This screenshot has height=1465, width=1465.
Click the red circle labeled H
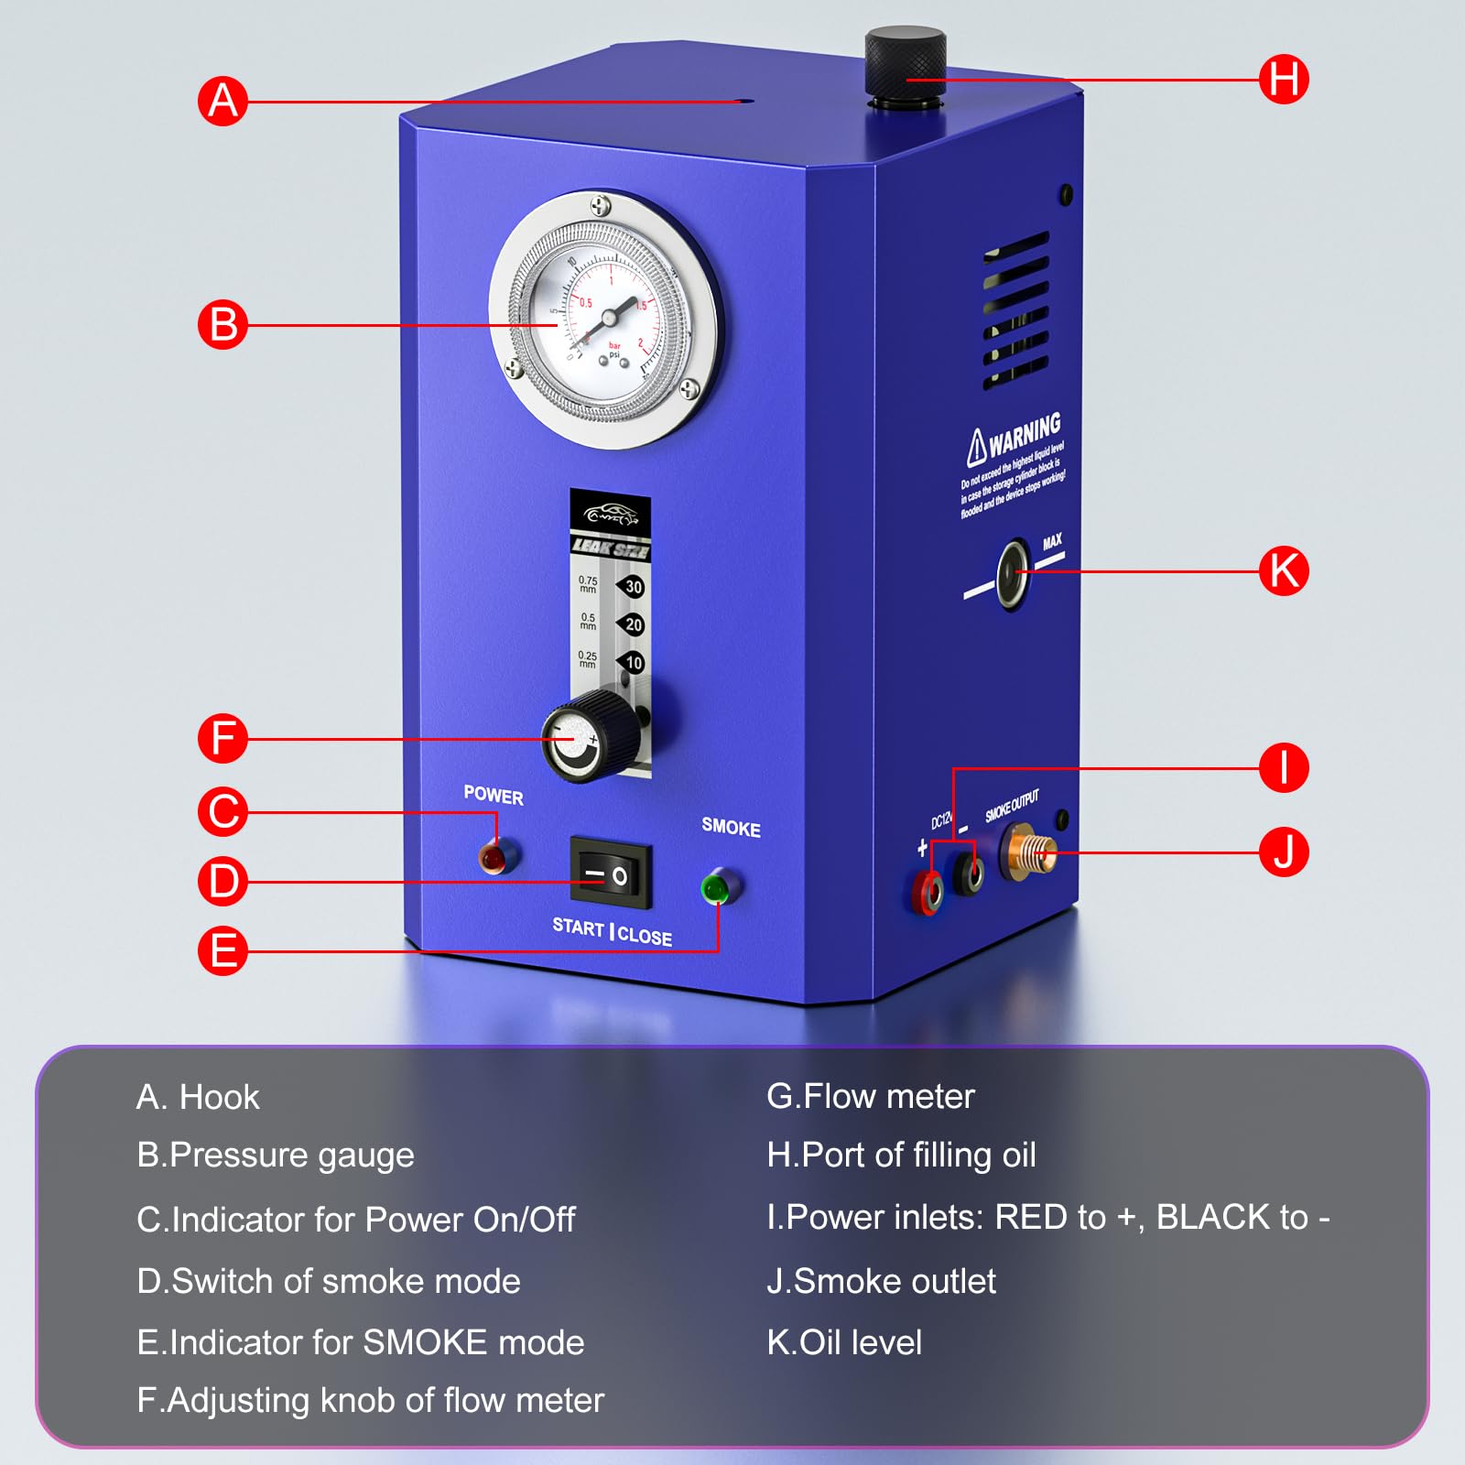coord(1283,79)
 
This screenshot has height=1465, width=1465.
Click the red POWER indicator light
coord(493,858)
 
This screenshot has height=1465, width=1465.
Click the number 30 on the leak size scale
coord(633,587)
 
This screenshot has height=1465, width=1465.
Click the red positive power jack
coord(930,890)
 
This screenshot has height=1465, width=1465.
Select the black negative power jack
coord(970,873)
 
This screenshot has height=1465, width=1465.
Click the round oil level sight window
coord(1012,575)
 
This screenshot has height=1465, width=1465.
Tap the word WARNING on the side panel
coord(1024,434)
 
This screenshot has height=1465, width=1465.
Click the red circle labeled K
coord(1283,570)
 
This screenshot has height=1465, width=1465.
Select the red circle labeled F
coord(223,738)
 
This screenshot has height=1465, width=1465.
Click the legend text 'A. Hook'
coord(198,1097)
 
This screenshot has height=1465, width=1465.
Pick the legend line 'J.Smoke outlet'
coord(881,1281)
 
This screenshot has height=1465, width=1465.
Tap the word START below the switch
coord(578,927)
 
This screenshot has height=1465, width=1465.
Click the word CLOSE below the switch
coord(645,936)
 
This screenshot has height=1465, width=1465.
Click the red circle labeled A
coord(223,101)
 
